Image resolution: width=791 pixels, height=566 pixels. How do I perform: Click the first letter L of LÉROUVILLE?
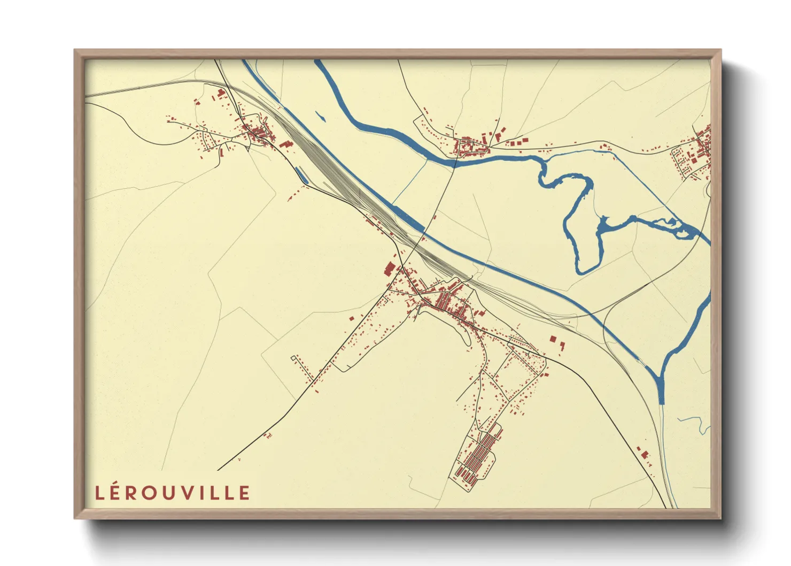[99, 493]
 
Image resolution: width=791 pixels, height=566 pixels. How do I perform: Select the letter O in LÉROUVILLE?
[150, 493]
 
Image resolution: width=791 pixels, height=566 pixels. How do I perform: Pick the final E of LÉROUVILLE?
[244, 493]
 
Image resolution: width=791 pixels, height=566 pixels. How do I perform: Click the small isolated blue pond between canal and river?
[321, 116]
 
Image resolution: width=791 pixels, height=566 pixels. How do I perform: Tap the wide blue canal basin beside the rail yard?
[409, 218]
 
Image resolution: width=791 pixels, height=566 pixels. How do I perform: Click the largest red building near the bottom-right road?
[645, 454]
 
